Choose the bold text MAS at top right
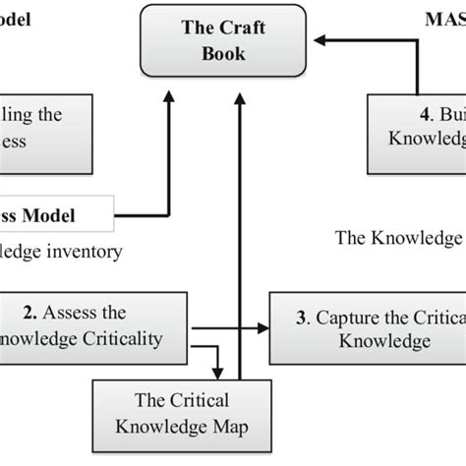click(445, 18)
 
